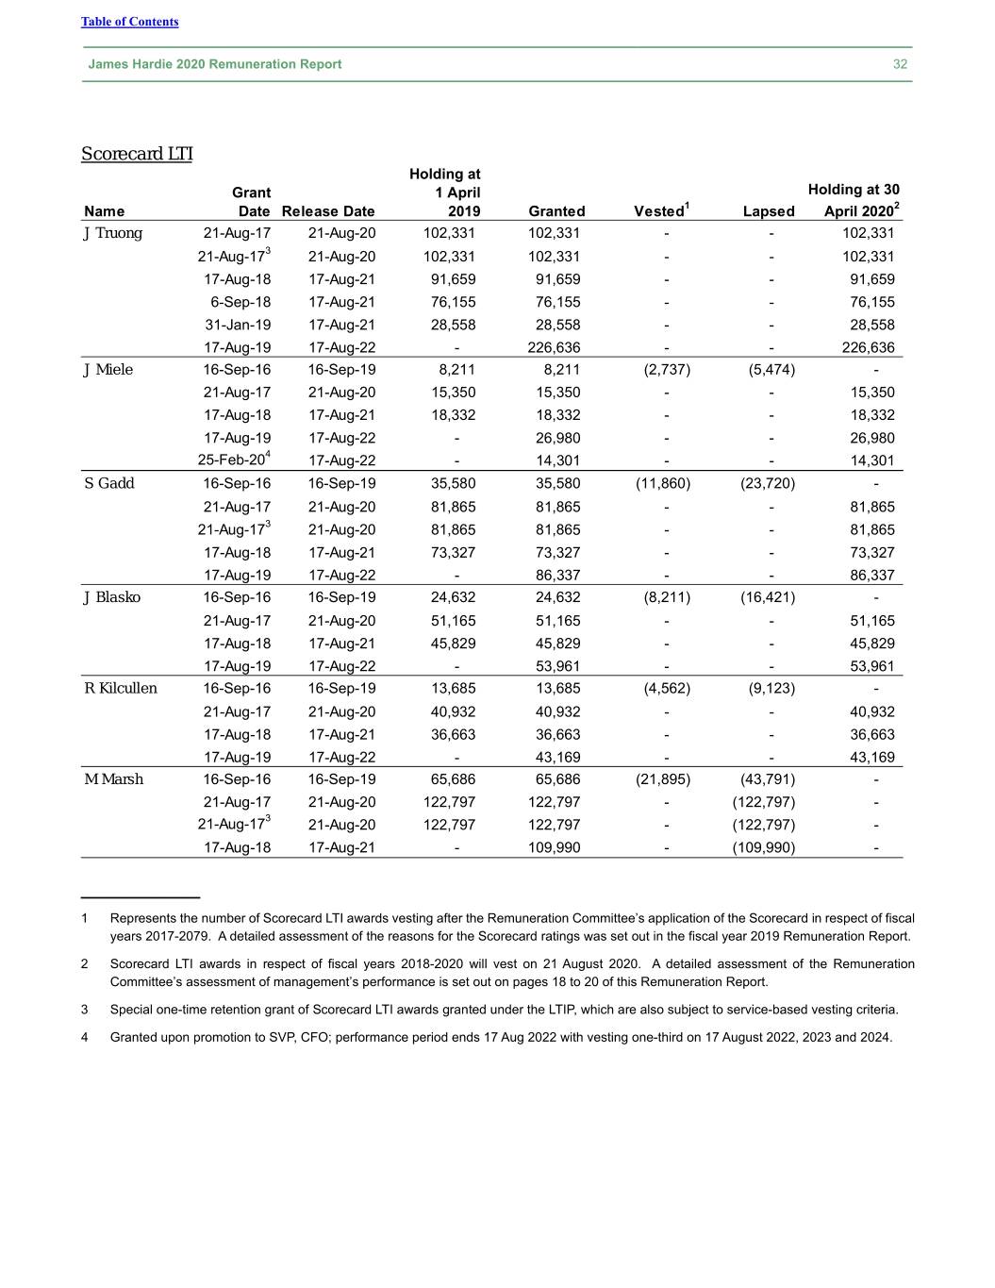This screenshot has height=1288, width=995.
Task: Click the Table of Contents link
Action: point(129,22)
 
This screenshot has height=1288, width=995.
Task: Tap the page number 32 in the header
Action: point(900,64)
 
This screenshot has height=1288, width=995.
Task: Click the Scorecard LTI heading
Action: point(137,154)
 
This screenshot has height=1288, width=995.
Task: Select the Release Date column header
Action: point(328,211)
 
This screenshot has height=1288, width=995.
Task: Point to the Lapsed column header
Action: point(769,211)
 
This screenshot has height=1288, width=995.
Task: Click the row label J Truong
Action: point(113,233)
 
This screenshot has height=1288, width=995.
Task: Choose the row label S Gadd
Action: point(109,483)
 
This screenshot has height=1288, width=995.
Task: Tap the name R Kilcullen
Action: point(121,688)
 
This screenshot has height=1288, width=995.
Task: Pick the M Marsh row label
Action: point(114,778)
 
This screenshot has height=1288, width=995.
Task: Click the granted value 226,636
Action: point(555,347)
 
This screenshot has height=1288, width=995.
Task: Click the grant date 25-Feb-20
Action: point(232,460)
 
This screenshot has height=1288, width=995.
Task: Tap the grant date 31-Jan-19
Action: point(238,325)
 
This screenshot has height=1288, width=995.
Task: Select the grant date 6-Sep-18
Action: point(240,302)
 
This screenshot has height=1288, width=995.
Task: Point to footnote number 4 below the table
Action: point(85,1037)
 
